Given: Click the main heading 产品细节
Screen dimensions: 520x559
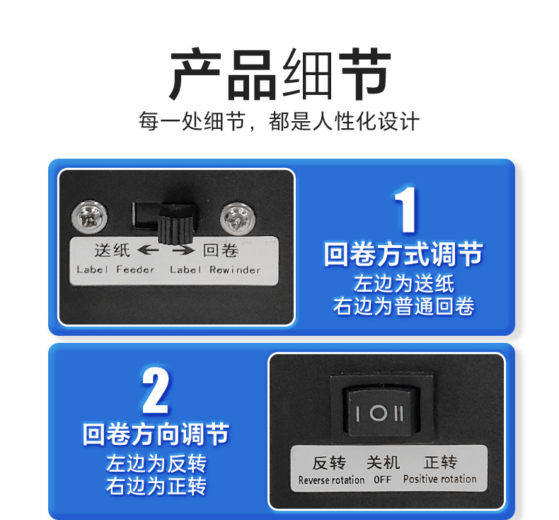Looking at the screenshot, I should (279, 74).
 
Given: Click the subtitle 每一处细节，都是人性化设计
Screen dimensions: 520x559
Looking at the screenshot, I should (279, 121).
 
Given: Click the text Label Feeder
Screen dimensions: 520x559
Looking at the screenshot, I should (115, 269).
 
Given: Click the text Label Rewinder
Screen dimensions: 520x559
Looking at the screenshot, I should (215, 269).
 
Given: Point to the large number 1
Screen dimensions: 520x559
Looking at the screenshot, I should (405, 210).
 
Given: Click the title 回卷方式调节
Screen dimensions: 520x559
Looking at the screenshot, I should (403, 254).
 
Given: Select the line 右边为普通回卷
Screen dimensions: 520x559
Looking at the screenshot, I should (403, 306).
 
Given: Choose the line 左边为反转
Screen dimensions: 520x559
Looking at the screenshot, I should (156, 464).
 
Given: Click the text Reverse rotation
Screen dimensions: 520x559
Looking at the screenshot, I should (331, 480).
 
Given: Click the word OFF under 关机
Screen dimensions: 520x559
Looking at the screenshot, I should (383, 480).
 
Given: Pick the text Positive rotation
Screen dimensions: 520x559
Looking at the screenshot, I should (439, 480).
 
